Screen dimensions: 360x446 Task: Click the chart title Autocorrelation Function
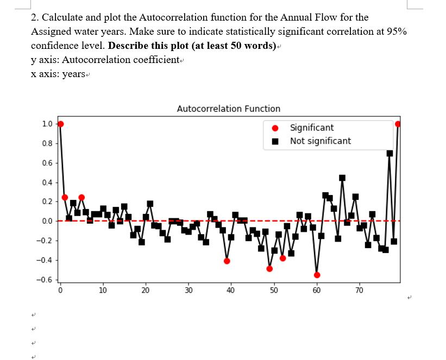pyautogui.click(x=229, y=109)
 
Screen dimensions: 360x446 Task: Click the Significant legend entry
pyautogui.click(x=311, y=128)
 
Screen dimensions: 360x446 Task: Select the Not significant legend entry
pyautogui.click(x=320, y=141)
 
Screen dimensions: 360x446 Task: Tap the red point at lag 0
pyautogui.click(x=60, y=124)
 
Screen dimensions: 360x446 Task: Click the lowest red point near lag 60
pyautogui.click(x=317, y=275)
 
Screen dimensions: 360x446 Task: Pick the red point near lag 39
pyautogui.click(x=227, y=261)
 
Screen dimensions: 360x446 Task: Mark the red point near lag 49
pyautogui.click(x=269, y=269)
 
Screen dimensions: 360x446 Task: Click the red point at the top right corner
pyautogui.click(x=398, y=124)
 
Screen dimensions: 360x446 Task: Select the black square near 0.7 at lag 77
pyautogui.click(x=390, y=153)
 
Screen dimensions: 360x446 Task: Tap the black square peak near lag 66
pyautogui.click(x=342, y=178)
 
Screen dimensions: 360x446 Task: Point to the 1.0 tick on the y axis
pyautogui.click(x=47, y=124)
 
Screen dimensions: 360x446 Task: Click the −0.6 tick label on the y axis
pyautogui.click(x=44, y=280)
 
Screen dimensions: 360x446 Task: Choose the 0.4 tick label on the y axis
pyautogui.click(x=47, y=182)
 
